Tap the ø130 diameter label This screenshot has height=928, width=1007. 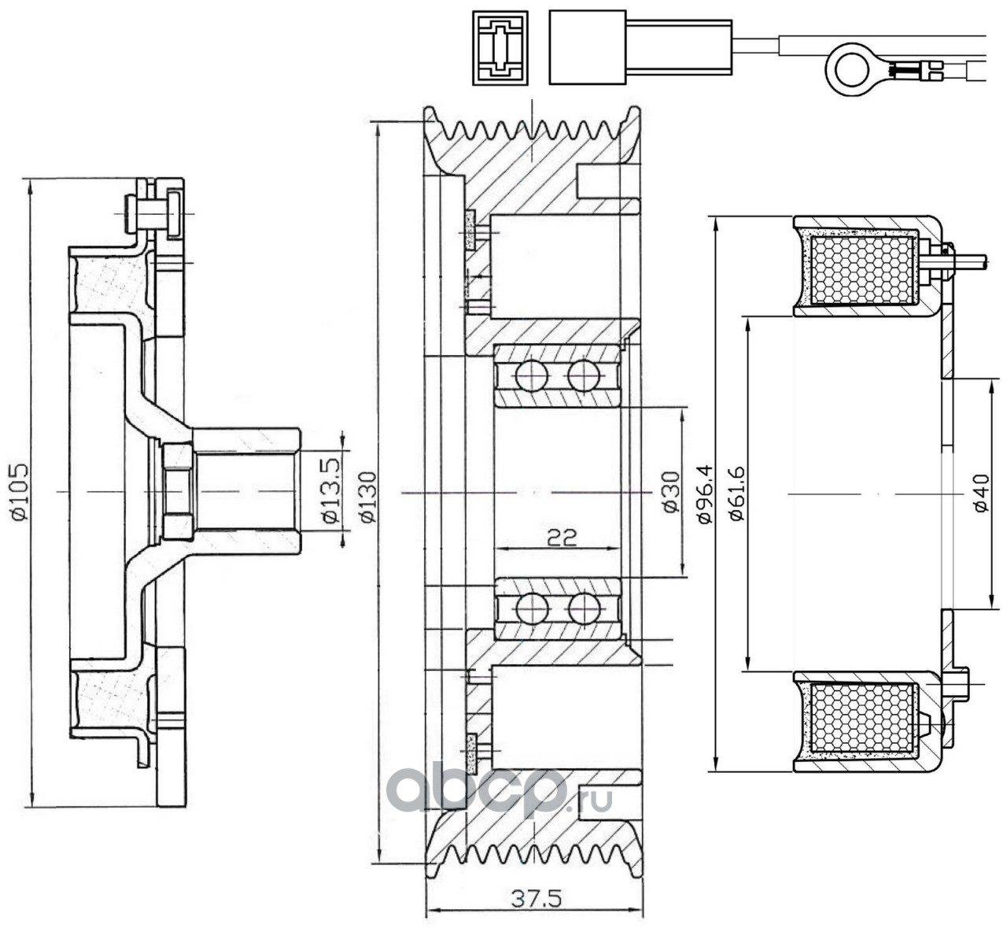[x=368, y=497]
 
